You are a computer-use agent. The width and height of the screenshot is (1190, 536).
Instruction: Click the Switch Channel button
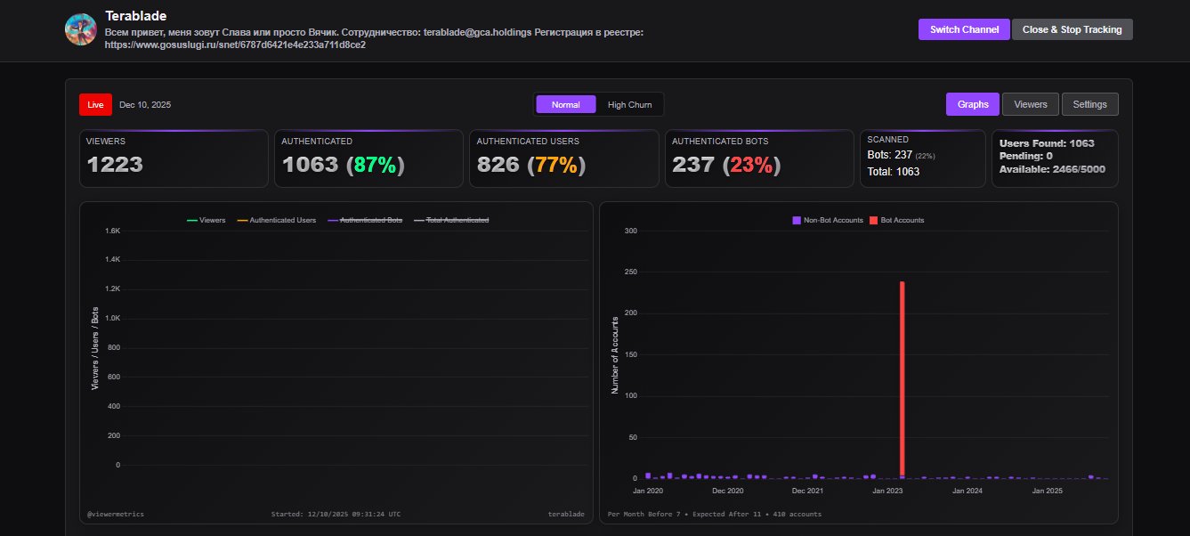coord(964,29)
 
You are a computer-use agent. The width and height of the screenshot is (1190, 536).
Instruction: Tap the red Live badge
coord(95,104)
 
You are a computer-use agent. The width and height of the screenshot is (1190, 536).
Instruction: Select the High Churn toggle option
coord(629,104)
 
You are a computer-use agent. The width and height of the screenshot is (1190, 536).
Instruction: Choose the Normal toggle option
coord(566,104)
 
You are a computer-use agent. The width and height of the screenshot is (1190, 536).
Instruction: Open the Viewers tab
coord(1031,104)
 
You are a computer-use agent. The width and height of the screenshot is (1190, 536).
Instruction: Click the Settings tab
coord(1089,104)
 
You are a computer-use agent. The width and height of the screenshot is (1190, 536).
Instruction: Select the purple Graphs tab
coord(973,104)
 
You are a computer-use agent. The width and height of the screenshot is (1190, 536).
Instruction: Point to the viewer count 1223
coord(115,165)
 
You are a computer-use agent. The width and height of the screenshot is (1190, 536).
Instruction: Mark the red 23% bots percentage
coord(751,165)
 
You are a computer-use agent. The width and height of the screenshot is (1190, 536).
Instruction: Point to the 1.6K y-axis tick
coord(112,231)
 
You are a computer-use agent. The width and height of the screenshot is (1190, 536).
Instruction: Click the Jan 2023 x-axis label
coord(887,491)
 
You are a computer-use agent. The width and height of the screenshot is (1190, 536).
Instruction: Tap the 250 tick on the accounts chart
coord(631,272)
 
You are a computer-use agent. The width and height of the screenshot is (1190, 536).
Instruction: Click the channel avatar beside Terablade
coord(81,29)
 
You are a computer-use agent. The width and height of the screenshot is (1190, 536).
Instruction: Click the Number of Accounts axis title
coord(614,355)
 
